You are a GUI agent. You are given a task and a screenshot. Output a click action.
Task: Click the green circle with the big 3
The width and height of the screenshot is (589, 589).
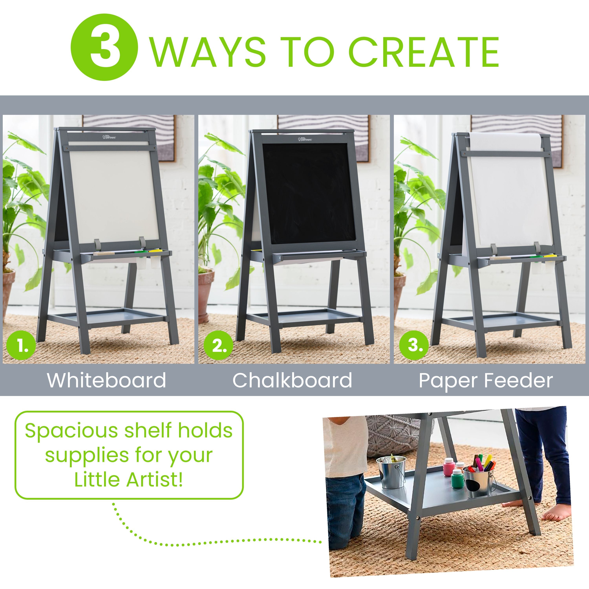point(104,48)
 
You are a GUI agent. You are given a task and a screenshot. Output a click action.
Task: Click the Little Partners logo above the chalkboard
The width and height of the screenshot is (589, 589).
point(305,139)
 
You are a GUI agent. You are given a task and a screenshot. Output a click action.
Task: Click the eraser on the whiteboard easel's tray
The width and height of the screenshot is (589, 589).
point(104,253)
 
